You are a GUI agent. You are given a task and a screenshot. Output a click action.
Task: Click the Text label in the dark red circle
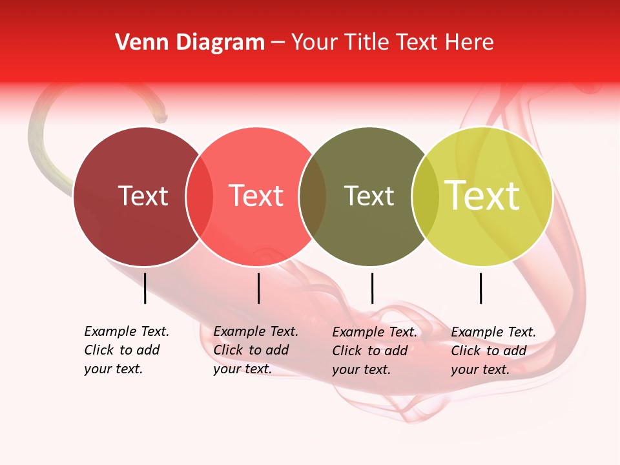(143, 196)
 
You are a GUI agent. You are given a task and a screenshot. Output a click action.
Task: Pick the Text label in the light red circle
(256, 196)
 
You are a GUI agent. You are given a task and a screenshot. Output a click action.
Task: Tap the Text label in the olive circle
(369, 196)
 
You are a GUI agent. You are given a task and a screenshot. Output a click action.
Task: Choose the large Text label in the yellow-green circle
(482, 196)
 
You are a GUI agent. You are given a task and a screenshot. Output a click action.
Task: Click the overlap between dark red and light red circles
(200, 196)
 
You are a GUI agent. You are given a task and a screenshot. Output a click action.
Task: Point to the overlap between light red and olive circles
(313, 196)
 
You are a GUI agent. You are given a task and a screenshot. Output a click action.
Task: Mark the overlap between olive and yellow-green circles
(426, 196)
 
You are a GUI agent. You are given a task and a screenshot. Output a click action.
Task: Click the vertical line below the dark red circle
(145, 288)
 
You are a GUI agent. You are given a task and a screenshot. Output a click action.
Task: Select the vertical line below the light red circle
(258, 288)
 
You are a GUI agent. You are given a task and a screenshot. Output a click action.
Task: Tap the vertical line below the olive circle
(372, 288)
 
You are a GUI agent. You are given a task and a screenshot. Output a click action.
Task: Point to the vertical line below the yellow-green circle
(481, 288)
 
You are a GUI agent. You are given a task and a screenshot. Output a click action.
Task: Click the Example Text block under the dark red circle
(126, 350)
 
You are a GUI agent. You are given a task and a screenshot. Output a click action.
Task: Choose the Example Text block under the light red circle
(255, 350)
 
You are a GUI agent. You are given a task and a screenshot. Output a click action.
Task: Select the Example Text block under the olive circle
(374, 351)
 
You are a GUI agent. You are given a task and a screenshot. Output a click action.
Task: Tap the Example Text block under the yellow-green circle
(493, 351)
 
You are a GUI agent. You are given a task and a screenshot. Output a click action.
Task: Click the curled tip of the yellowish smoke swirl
(160, 117)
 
